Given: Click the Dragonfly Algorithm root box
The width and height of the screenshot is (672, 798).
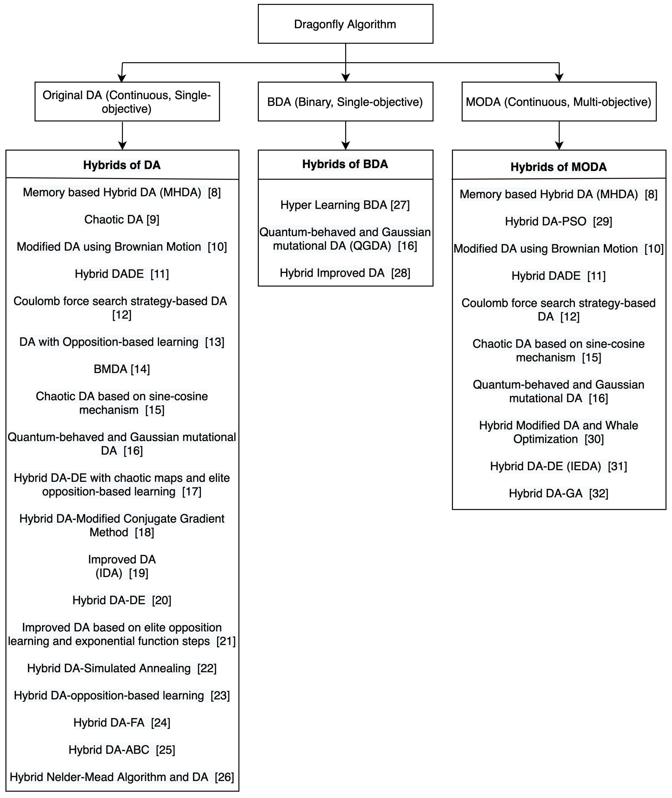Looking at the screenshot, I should pyautogui.click(x=345, y=24).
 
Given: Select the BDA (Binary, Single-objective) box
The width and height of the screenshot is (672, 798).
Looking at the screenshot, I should pyautogui.click(x=345, y=102).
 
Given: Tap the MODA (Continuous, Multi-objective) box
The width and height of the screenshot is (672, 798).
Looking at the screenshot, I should pyautogui.click(x=559, y=102).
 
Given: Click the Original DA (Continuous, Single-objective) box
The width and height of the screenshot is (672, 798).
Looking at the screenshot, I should pyautogui.click(x=127, y=102).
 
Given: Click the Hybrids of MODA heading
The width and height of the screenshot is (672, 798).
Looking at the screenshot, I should pyautogui.click(x=559, y=167).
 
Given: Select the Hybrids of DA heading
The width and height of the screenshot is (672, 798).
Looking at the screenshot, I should pyautogui.click(x=122, y=165).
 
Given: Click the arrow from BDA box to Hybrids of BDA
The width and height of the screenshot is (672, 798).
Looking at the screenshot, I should pyautogui.click(x=345, y=135).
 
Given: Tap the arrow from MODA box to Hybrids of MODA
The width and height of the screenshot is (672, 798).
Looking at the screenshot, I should pyautogui.click(x=559, y=135).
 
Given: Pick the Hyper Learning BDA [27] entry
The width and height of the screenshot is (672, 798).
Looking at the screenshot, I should pyautogui.click(x=345, y=205).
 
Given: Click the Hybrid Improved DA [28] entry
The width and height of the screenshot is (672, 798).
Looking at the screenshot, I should pyautogui.click(x=345, y=273).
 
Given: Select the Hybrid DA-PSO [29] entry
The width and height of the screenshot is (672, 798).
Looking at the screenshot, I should pyautogui.click(x=559, y=221).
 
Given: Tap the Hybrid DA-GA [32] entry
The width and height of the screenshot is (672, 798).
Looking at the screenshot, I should pyautogui.click(x=559, y=493).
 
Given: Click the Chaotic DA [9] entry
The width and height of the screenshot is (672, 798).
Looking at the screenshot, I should pyautogui.click(x=122, y=220).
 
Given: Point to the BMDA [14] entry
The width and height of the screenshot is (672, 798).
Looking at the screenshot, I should pyautogui.click(x=122, y=369).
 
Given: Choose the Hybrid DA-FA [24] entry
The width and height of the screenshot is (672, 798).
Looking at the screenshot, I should pyautogui.click(x=122, y=723).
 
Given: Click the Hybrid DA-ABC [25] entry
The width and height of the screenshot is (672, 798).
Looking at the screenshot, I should pyautogui.click(x=122, y=750).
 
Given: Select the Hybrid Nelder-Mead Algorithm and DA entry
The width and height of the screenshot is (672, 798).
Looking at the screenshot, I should pyautogui.click(x=122, y=777).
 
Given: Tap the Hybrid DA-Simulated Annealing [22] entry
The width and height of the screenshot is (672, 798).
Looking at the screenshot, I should pyautogui.click(x=122, y=668).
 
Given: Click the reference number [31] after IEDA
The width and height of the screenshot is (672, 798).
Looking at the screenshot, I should pyautogui.click(x=617, y=466).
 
